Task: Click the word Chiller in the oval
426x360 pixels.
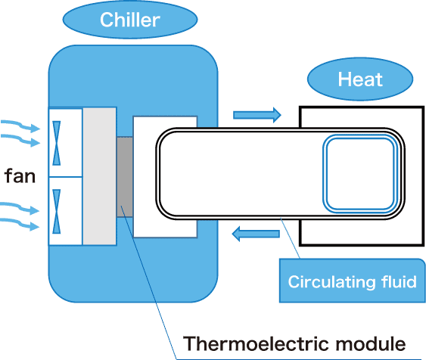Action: click(x=130, y=20)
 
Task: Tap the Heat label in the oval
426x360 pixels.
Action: click(x=360, y=79)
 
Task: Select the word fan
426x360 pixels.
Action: click(x=20, y=176)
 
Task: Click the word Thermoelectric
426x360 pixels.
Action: click(x=256, y=343)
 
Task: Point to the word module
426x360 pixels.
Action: click(x=371, y=343)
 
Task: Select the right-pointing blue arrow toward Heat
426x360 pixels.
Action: click(x=257, y=115)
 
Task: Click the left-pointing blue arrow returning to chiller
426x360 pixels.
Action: click(x=256, y=234)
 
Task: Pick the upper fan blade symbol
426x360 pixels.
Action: click(x=57, y=143)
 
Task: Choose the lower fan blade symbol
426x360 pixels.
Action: click(x=57, y=212)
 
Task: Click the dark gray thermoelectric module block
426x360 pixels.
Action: click(x=125, y=177)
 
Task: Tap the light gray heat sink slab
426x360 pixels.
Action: click(x=99, y=176)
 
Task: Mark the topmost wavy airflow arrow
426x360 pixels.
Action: click(x=20, y=126)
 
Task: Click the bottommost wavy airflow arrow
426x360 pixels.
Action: click(x=20, y=225)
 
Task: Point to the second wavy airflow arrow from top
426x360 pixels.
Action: click(x=20, y=140)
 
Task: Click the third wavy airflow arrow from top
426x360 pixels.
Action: click(x=20, y=208)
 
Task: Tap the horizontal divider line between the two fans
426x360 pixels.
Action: click(x=66, y=177)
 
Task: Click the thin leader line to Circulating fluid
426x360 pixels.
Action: click(x=290, y=238)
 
